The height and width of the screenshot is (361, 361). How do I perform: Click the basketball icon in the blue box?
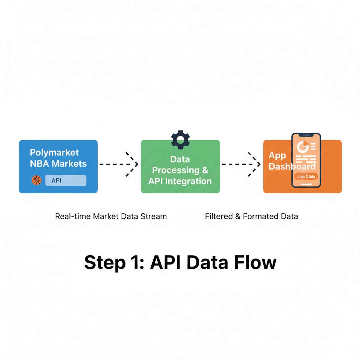[36, 180]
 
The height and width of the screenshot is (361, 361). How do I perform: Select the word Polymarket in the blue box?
[54, 153]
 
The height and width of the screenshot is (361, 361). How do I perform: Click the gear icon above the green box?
[180, 140]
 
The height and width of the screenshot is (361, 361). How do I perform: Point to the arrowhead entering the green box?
[133, 164]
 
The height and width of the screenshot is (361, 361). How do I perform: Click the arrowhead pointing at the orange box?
[256, 164]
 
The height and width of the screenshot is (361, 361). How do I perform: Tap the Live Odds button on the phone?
[306, 176]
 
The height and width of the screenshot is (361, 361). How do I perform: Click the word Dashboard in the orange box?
[292, 166]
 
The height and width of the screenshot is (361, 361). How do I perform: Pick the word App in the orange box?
[277, 155]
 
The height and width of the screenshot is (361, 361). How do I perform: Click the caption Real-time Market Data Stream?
[111, 216]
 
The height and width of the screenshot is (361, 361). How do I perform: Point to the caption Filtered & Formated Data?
[251, 216]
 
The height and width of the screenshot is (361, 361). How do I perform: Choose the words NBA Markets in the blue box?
[59, 164]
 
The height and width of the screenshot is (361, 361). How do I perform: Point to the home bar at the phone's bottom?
[306, 184]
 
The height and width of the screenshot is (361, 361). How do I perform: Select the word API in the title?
[165, 263]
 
